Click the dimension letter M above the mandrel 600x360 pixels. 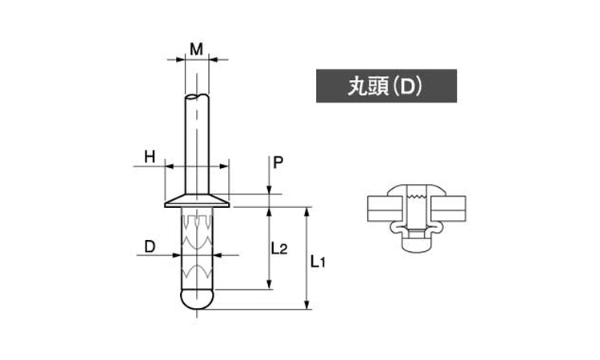coord(197,50)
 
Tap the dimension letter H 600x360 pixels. coord(150,157)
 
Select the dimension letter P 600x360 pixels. coord(278,163)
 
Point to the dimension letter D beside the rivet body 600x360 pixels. coord(150,246)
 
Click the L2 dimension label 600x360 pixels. coord(279,249)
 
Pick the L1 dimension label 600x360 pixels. coord(318,262)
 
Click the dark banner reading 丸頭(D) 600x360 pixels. coord(386,86)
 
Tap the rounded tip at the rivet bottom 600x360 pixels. coord(197,299)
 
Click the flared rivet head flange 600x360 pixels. coord(197,201)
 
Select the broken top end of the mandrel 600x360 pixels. coord(197,96)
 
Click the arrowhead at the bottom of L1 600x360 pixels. coord(306,304)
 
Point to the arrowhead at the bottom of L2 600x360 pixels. coord(270,285)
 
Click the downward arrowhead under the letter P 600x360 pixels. coord(270,190)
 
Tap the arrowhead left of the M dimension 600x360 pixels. coord(180,60)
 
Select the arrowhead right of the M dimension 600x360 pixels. coord(214,60)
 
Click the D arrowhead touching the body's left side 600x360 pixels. coord(176,255)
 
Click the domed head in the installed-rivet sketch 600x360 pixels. coord(417,190)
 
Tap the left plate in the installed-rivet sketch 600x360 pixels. coord(386,209)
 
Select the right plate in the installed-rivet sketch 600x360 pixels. coord(448,209)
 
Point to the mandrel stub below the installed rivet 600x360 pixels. coord(417,245)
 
